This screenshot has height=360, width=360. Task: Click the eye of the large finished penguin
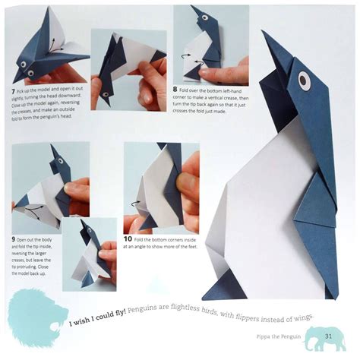(x=304, y=77)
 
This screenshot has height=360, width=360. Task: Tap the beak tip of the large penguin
(x=264, y=33)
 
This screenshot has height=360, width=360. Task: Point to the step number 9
(x=14, y=238)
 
